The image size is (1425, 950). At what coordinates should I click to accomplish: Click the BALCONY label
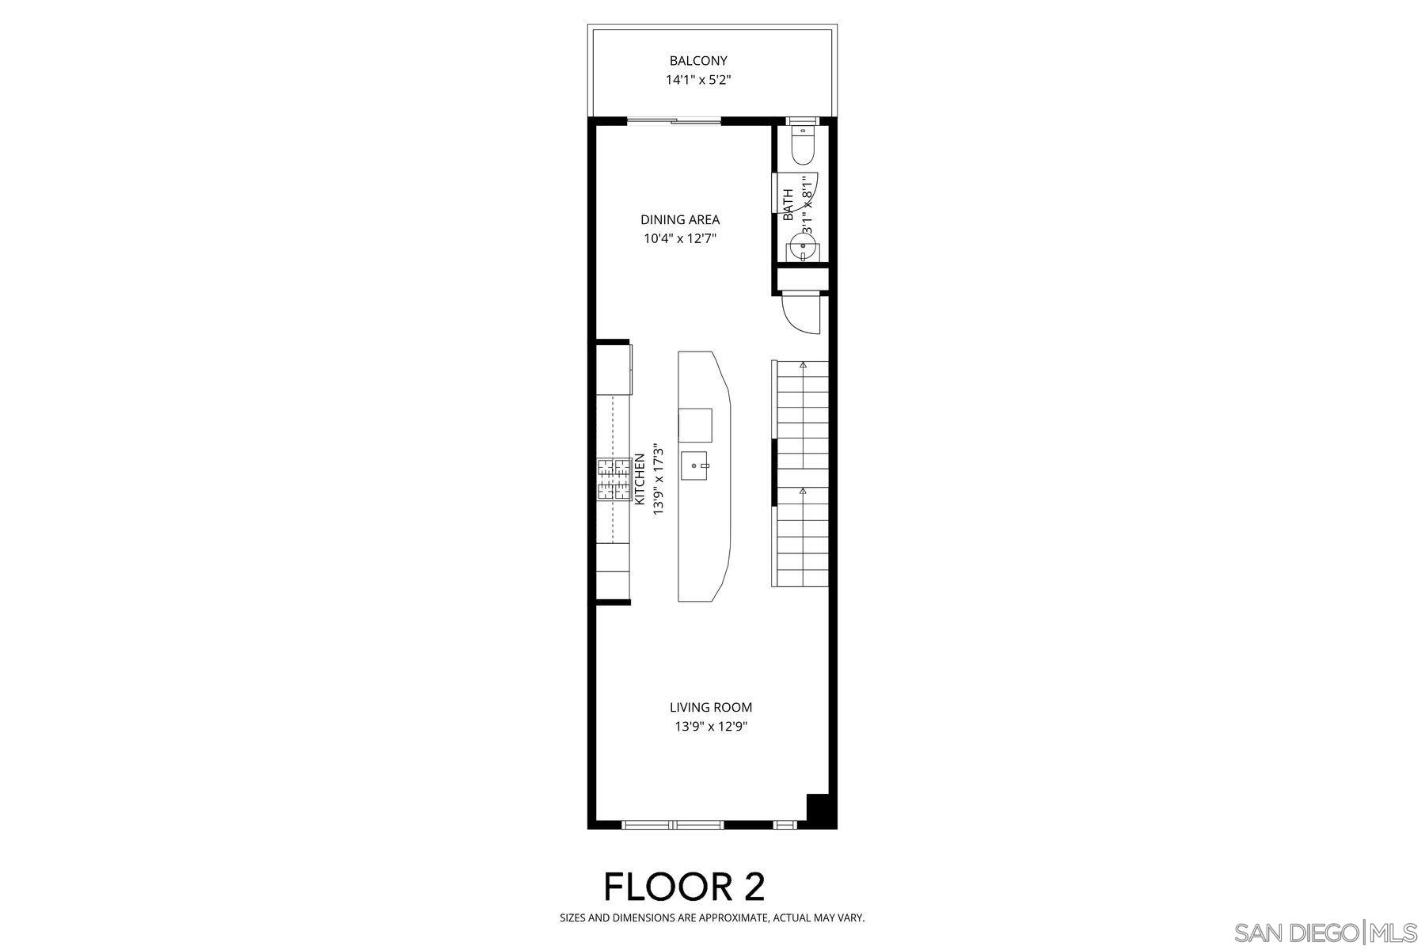(698, 61)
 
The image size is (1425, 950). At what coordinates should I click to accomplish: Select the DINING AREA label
(680, 220)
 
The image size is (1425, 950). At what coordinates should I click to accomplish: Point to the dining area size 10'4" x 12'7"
(680, 238)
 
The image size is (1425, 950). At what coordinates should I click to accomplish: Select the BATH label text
(788, 204)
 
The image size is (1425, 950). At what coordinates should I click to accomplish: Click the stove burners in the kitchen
(613, 480)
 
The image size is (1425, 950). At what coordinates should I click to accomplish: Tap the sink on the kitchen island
(695, 466)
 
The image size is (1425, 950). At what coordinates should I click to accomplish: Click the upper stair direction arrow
(803, 365)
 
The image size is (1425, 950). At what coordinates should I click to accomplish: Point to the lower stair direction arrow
(803, 491)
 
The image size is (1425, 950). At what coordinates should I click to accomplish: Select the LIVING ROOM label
(711, 708)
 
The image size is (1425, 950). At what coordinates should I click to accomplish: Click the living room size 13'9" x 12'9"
(711, 727)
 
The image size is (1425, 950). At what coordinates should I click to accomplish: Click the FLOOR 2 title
(685, 887)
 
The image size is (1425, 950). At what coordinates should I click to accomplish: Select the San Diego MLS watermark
(1327, 933)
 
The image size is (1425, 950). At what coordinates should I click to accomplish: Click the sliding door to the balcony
(674, 121)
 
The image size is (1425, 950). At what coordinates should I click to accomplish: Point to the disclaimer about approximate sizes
(712, 918)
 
